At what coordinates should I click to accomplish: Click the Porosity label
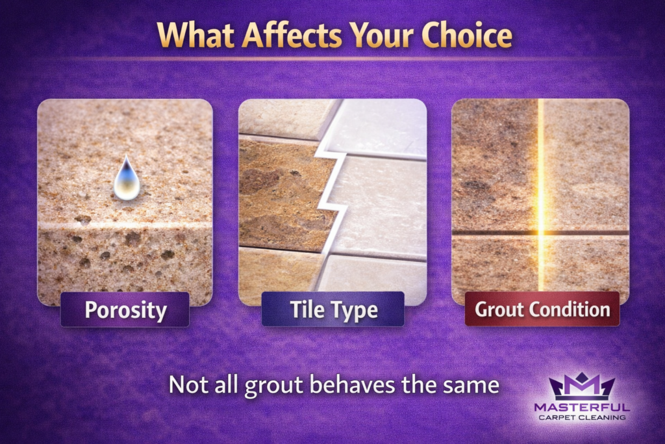[125, 309]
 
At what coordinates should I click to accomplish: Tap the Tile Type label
[332, 309]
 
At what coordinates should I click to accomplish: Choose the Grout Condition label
[542, 309]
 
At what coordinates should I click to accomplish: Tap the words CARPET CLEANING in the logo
[582, 417]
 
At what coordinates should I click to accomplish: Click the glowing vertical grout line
[540, 195]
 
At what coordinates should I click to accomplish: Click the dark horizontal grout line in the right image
[494, 233]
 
